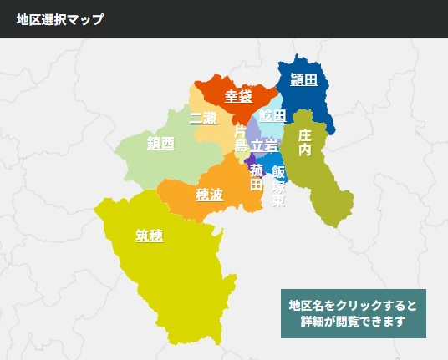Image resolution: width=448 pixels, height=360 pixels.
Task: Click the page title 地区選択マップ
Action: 60,19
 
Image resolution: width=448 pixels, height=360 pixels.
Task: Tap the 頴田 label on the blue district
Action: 304,80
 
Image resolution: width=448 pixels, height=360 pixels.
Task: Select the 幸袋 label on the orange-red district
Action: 238,96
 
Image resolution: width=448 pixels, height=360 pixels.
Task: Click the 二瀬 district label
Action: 203,117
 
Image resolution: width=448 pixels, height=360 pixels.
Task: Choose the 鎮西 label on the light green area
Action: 160,144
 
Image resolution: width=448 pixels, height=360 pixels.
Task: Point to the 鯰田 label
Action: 272,115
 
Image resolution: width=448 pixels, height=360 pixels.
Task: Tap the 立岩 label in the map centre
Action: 265,145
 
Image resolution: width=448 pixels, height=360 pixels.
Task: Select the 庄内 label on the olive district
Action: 305,142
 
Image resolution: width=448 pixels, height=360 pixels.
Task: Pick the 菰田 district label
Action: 256,176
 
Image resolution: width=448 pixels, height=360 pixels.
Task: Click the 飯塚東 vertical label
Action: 278,185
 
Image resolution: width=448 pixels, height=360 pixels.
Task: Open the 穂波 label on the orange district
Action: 209,195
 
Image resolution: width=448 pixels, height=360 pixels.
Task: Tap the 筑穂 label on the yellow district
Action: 149,236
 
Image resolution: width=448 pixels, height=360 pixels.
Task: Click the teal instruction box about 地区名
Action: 353,313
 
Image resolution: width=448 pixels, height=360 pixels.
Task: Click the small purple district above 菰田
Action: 250,158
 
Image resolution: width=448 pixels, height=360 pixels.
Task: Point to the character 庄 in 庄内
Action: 305,134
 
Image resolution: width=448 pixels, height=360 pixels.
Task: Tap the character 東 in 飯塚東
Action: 278,201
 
